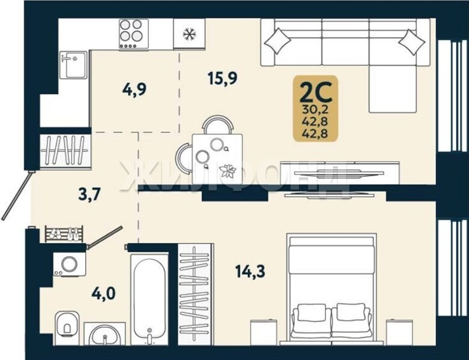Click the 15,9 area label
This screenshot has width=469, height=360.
click(x=223, y=79)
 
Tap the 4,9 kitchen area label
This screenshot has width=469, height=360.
click(x=135, y=89)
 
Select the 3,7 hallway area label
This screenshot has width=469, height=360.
click(x=89, y=195)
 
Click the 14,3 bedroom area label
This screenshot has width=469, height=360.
click(x=250, y=271)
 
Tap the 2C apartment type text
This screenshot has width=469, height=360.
click(x=316, y=92)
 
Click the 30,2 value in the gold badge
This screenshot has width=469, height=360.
click(x=315, y=110)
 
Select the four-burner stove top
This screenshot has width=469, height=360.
click(x=134, y=34)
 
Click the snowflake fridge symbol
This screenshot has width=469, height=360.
click(x=190, y=34)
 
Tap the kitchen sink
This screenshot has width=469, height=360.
click(x=74, y=65)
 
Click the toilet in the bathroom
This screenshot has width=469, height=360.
click(x=67, y=324)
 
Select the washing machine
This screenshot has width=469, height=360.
click(x=70, y=264)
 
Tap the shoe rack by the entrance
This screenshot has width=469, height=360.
click(x=64, y=233)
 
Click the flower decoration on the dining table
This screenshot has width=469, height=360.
click(x=228, y=171)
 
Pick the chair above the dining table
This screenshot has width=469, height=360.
click(x=218, y=124)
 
